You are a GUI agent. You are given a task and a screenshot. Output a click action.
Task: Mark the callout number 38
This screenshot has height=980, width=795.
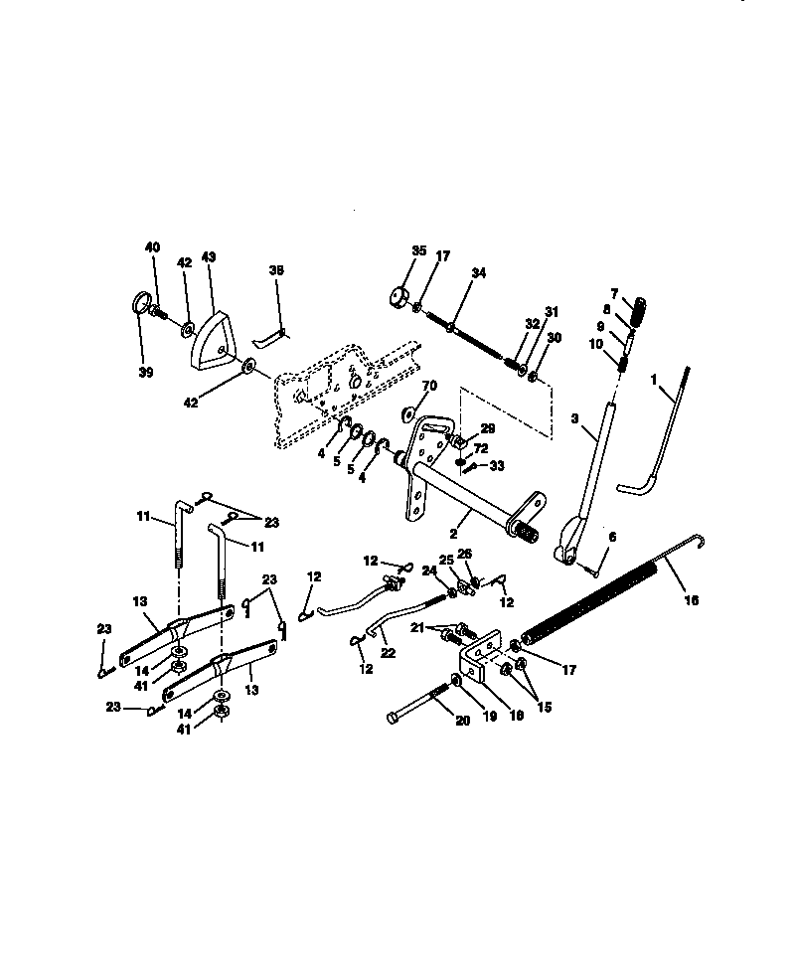point(276,269)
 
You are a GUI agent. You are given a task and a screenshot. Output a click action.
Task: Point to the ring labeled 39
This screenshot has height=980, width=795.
point(141,302)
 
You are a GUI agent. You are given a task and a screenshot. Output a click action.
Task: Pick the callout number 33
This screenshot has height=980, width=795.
point(497,465)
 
